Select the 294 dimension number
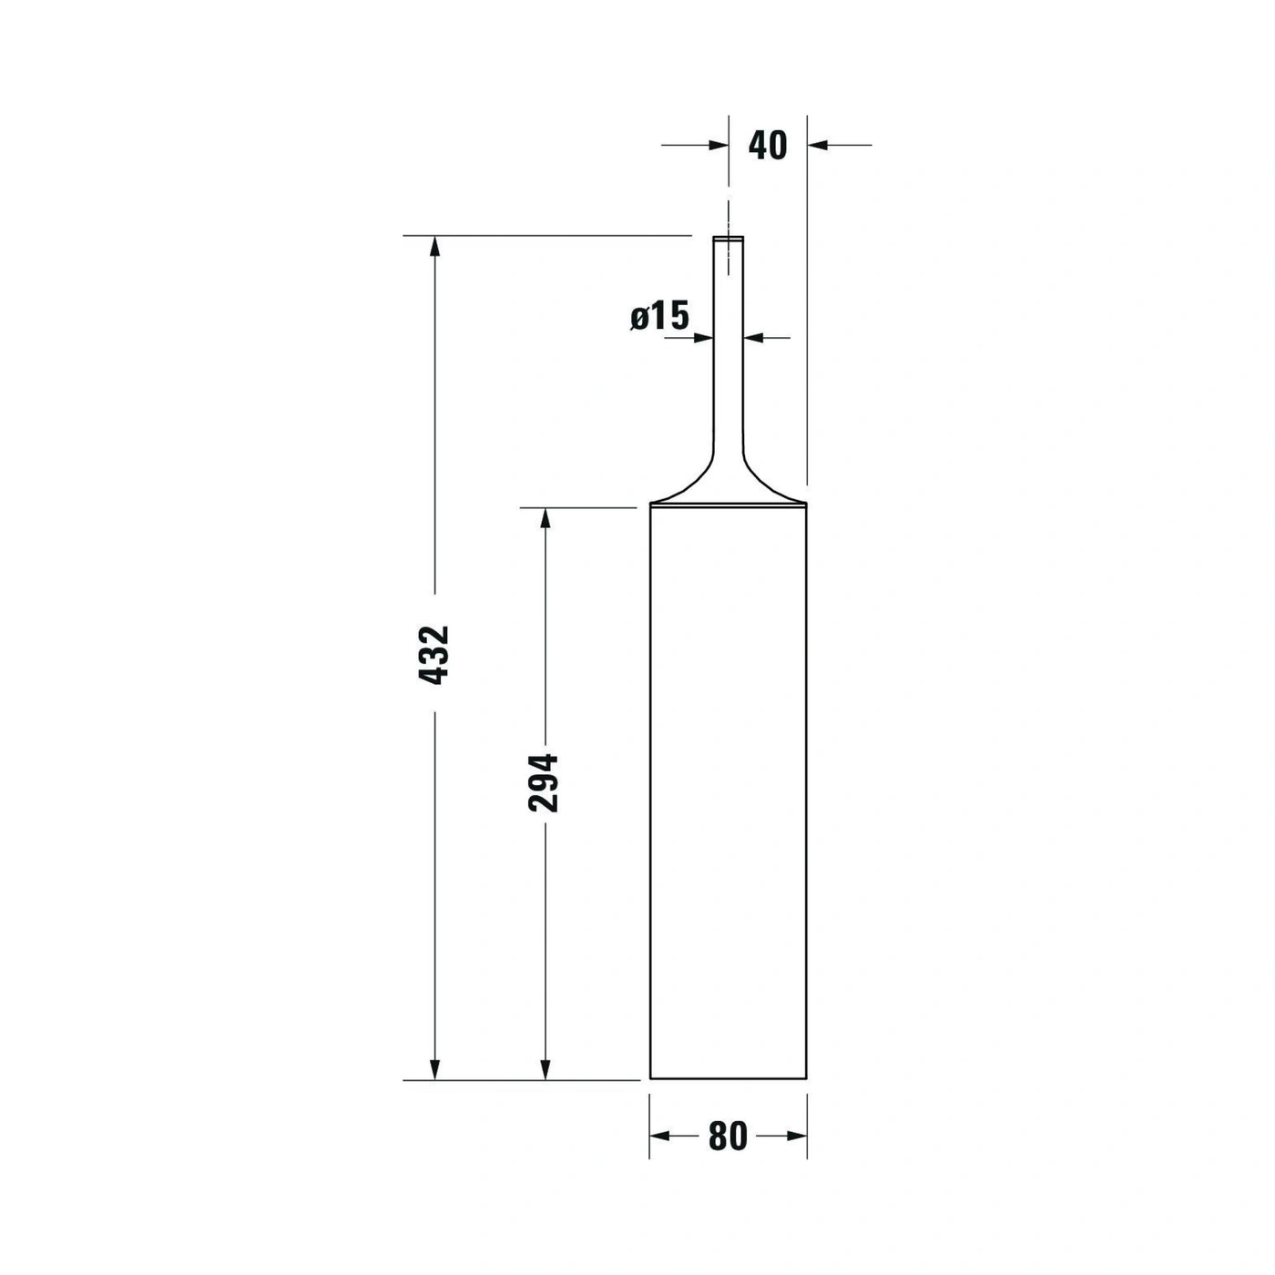coord(543,782)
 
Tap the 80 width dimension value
coord(728,1137)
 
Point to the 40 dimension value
coord(768,146)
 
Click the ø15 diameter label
coord(659,316)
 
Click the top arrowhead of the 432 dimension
coord(434,246)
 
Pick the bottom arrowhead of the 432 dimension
coord(434,1087)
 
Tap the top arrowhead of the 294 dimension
coord(545,518)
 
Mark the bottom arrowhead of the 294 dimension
coord(545,1087)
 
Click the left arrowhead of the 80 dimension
coord(660,1136)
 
